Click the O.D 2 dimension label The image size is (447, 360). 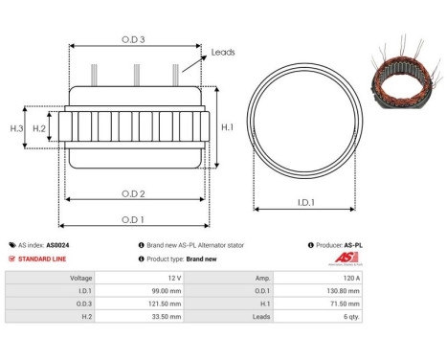(134, 194)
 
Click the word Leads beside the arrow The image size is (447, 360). (223, 54)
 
